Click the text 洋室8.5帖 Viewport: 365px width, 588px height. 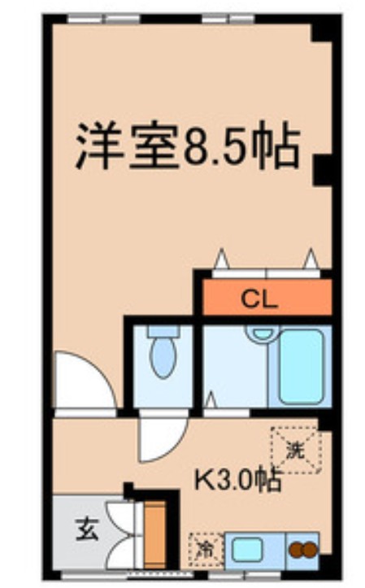[x=188, y=146]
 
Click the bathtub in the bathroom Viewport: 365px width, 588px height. [x=303, y=366]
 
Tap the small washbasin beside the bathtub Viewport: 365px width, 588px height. [x=260, y=333]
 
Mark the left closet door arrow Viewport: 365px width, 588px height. [x=220, y=259]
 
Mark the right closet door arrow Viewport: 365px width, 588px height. [x=309, y=258]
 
